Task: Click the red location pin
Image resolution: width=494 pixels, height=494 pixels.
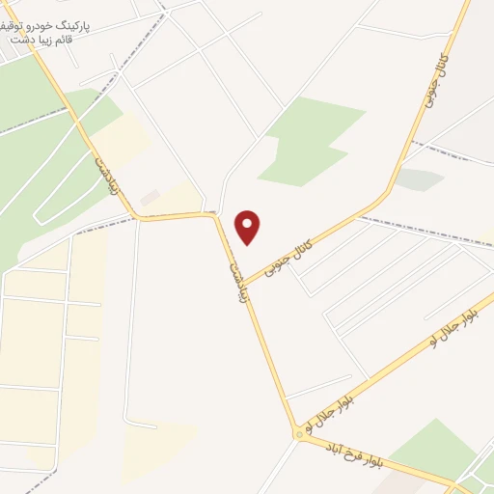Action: coord(248,226)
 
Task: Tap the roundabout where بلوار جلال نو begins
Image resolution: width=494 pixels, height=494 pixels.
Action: coord(298,437)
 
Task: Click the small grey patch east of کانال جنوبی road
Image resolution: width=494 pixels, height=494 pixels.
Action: coord(420,179)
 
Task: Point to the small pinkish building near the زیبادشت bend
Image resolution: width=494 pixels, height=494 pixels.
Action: coord(149,198)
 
